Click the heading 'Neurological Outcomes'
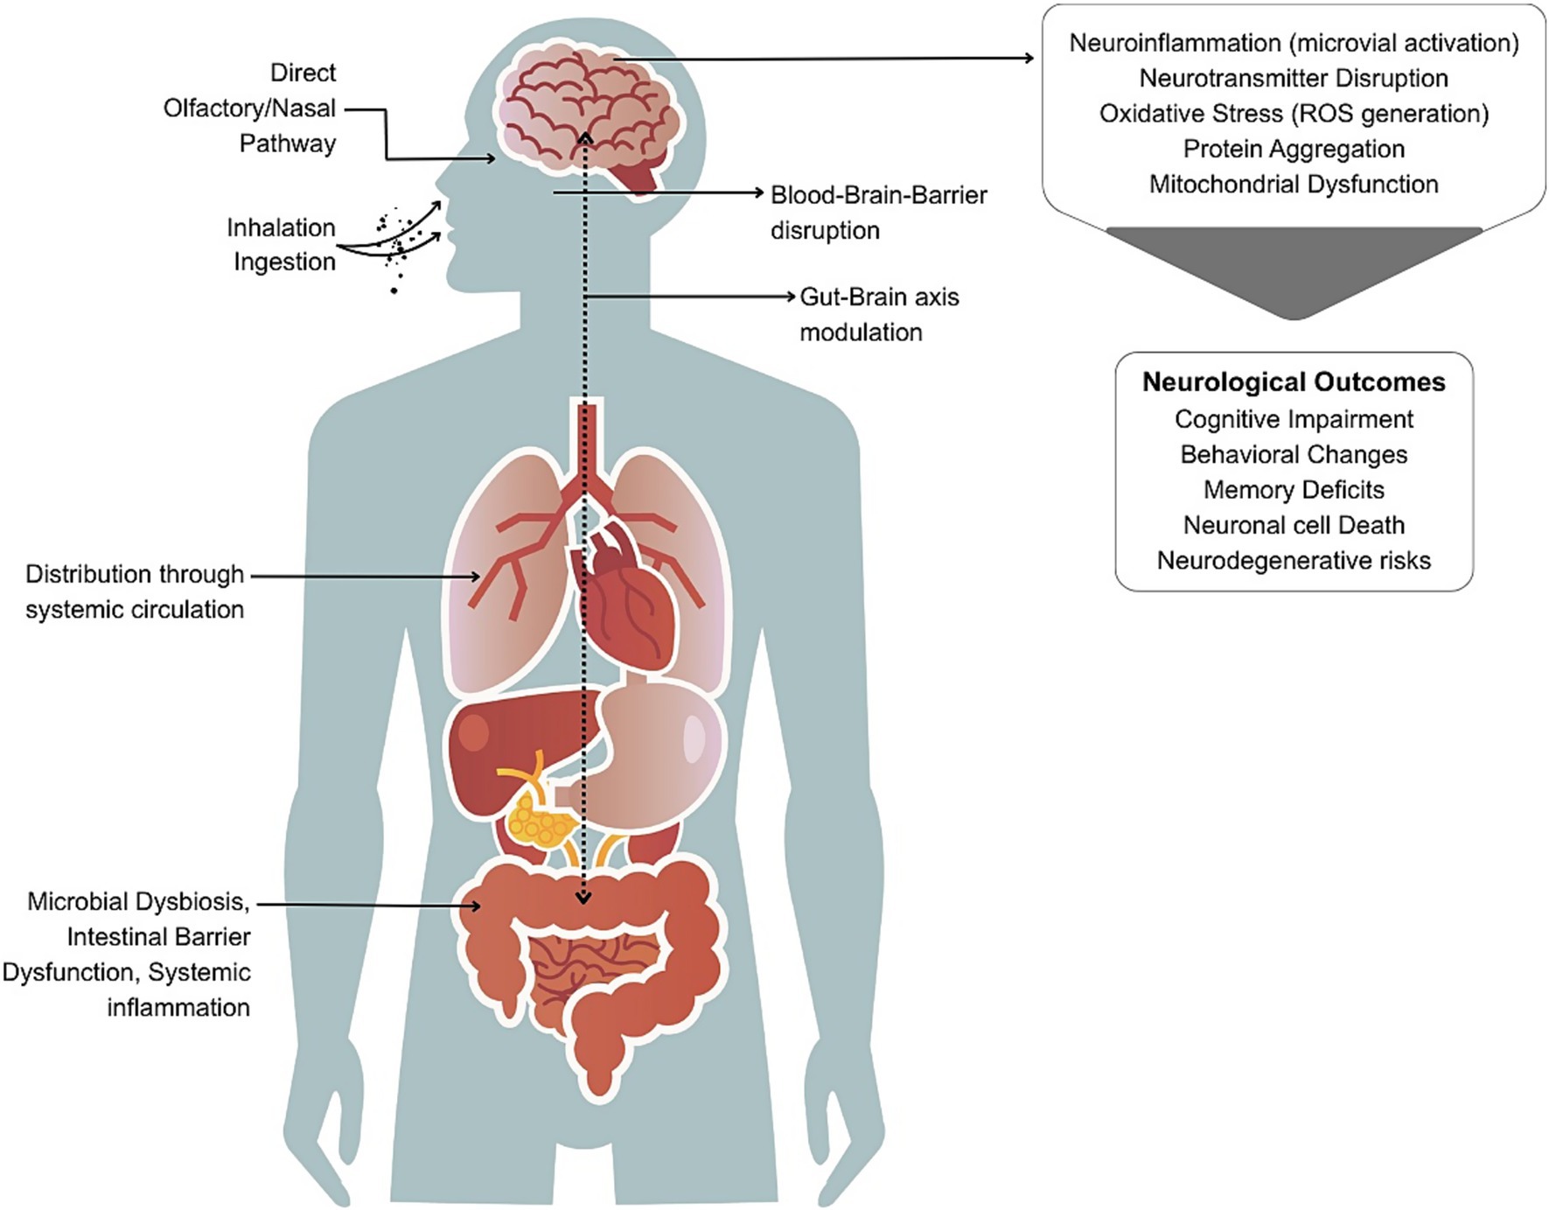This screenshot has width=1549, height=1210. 1294,382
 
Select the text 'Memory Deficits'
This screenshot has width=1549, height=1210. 1294,490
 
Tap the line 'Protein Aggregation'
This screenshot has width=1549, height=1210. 1294,149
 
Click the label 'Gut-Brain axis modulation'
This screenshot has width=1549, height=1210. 878,314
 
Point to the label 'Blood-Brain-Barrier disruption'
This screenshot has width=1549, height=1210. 878,213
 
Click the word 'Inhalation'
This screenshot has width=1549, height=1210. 281,227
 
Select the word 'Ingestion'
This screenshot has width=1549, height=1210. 284,262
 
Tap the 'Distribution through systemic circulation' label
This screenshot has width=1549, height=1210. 135,591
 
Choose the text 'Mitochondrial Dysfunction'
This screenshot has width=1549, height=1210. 1294,185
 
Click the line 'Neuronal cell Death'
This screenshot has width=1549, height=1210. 1294,525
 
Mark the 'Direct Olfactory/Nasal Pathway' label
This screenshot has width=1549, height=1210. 250,108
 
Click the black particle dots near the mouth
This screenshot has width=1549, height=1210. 399,241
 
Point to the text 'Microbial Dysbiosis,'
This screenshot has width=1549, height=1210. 138,901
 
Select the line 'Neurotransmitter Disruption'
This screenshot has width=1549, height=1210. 1294,78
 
